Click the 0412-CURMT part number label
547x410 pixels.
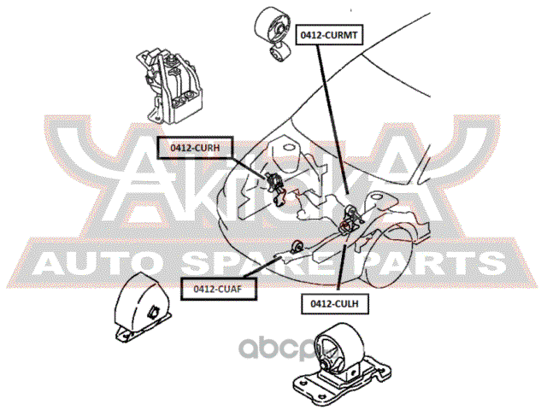pyautogui.click(x=331, y=35)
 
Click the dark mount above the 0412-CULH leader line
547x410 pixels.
pyautogui.click(x=350, y=219)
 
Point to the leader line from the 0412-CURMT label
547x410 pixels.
pyautogui.click(x=332, y=120)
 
